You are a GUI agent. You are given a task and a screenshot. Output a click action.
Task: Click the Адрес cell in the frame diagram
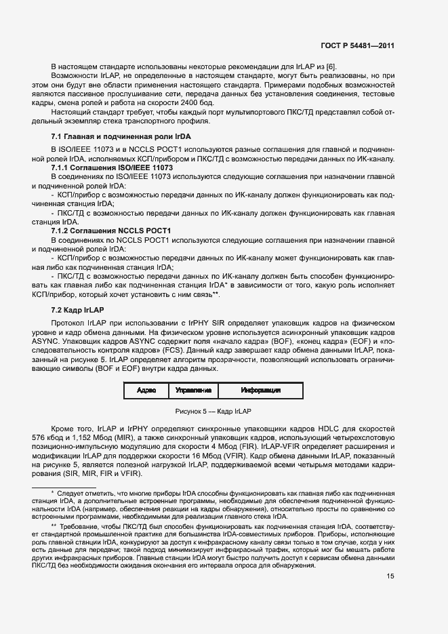click(x=146, y=391)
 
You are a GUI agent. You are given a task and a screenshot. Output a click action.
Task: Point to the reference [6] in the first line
click(x=331, y=66)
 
